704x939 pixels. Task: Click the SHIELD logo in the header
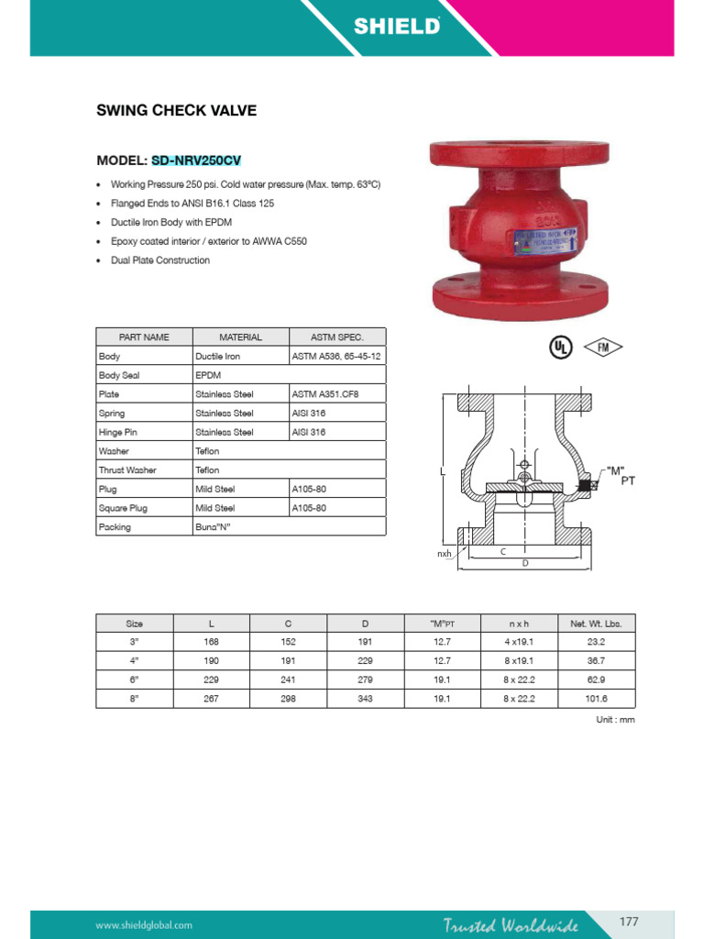(x=397, y=27)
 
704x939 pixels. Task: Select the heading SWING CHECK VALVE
(x=177, y=111)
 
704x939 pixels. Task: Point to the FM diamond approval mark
(x=603, y=347)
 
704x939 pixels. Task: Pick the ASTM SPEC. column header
(x=336, y=337)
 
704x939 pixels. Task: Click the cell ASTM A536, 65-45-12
(x=336, y=356)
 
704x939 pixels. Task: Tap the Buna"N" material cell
(x=213, y=527)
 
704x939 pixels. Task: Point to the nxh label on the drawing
(x=445, y=554)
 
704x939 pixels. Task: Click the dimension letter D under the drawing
(x=525, y=563)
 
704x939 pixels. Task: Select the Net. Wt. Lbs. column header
(x=596, y=624)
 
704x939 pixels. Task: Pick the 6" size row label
(x=134, y=679)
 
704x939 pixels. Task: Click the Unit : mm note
(x=615, y=720)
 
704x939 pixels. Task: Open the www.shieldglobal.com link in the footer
(x=144, y=925)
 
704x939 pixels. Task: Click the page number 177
(x=629, y=922)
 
